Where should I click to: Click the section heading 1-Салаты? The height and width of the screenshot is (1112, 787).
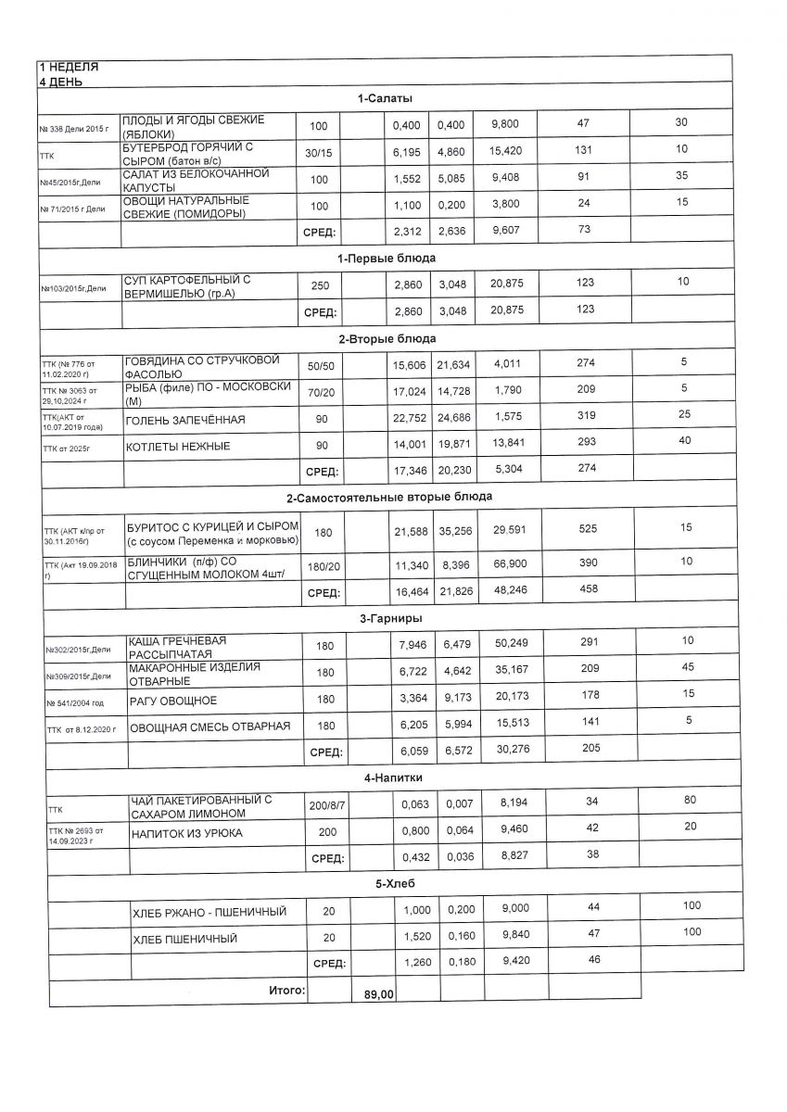click(x=387, y=98)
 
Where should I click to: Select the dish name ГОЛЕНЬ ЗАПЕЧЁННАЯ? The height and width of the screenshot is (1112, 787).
click(x=185, y=421)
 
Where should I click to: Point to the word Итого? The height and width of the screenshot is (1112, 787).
click(x=286, y=991)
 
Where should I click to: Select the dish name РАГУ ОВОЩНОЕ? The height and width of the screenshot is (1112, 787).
click(x=173, y=701)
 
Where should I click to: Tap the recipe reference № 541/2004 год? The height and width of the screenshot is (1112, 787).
click(x=75, y=703)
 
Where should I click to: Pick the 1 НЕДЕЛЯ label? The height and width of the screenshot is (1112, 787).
click(x=68, y=68)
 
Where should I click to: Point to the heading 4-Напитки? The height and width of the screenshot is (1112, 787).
click(x=388, y=777)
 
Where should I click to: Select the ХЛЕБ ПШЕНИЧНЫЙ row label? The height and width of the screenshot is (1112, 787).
click(x=185, y=940)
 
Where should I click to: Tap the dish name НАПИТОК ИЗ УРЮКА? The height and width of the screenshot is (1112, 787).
click(x=187, y=833)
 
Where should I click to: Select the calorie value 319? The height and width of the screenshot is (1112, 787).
click(x=585, y=417)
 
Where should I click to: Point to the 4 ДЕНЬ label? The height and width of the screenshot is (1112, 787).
click(x=60, y=82)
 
